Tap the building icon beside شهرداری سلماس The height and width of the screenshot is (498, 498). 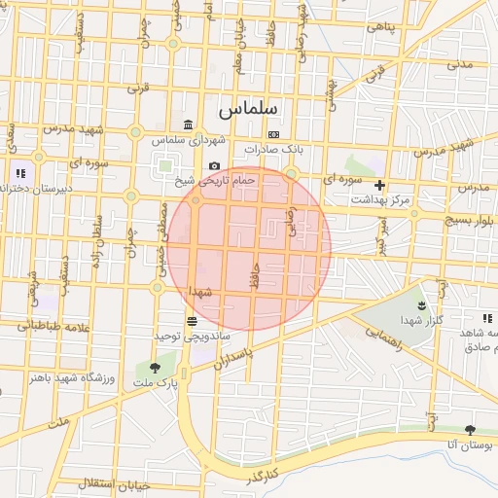pyautogui.click(x=187, y=124)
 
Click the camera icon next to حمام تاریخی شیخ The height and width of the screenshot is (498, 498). pyautogui.click(x=214, y=166)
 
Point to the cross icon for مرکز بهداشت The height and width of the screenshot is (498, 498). pyautogui.click(x=379, y=185)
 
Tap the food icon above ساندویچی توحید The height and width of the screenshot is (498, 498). pyautogui.click(x=191, y=321)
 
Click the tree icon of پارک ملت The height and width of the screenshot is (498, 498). pyautogui.click(x=156, y=368)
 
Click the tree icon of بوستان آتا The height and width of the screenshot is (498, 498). pyautogui.click(x=471, y=429)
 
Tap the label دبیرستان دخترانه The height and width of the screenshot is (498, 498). pyautogui.click(x=35, y=189)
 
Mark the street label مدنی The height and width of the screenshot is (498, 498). pyautogui.click(x=459, y=64)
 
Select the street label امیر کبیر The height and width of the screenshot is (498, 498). pyautogui.click(x=383, y=231)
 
